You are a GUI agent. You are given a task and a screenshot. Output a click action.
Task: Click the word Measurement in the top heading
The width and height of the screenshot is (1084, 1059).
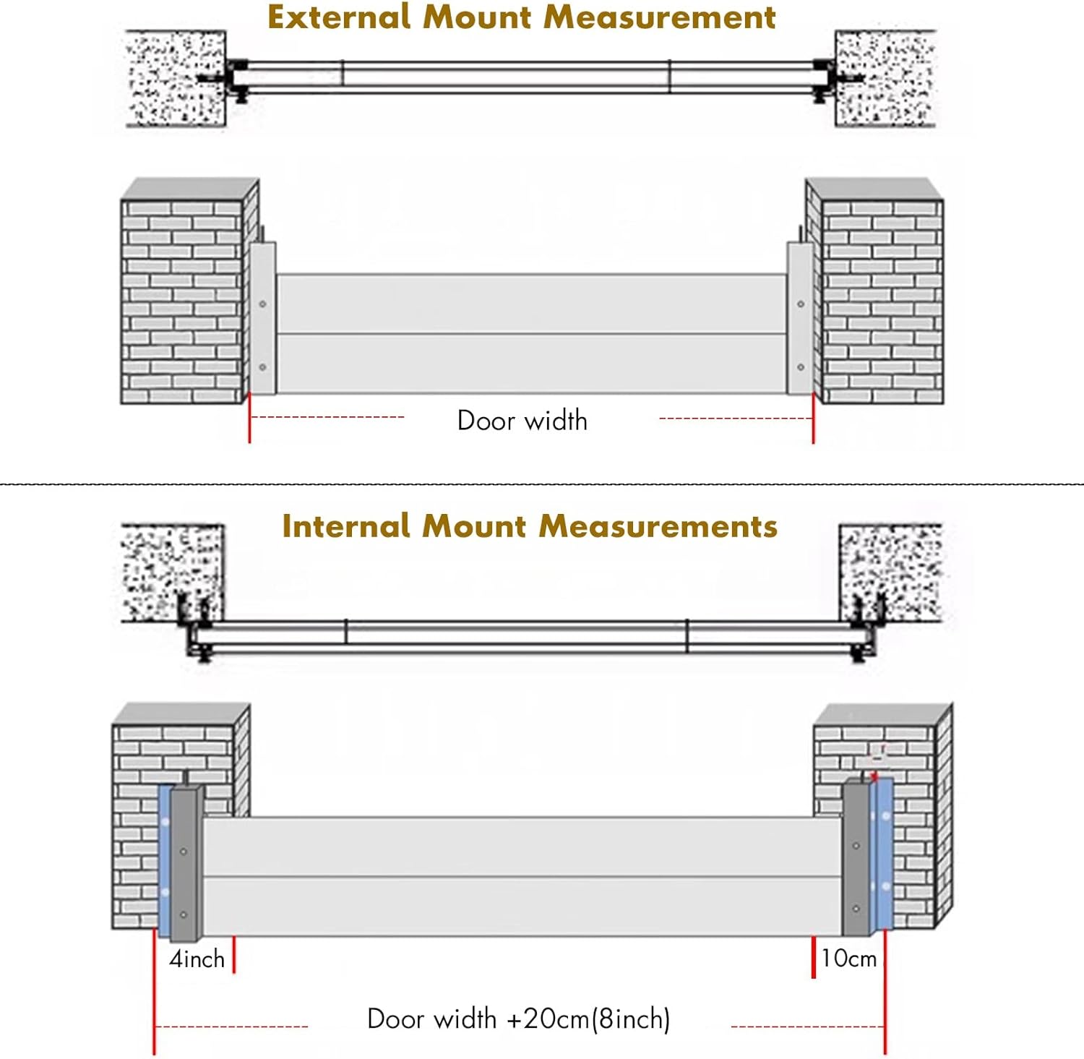(659, 17)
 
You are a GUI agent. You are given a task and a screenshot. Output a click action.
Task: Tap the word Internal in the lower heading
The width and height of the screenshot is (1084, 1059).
(345, 526)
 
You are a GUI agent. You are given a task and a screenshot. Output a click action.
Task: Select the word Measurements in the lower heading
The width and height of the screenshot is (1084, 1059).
(658, 526)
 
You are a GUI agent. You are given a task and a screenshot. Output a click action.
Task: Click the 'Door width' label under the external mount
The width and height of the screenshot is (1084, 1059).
(522, 421)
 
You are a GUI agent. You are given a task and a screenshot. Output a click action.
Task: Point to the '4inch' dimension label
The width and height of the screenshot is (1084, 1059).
(197, 959)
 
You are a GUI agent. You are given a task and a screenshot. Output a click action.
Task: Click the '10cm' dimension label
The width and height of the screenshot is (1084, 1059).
(849, 959)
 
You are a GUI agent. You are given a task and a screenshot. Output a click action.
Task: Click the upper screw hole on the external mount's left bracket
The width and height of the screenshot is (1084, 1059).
(262, 304)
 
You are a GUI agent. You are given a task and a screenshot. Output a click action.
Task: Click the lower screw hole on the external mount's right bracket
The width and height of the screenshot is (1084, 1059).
(801, 367)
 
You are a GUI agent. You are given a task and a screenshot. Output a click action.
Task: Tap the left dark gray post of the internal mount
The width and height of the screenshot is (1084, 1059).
(184, 864)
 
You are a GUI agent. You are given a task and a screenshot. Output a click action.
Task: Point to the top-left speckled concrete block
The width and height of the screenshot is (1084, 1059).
(176, 78)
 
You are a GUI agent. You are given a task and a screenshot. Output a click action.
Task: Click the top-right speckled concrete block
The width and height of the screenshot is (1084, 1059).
(885, 78)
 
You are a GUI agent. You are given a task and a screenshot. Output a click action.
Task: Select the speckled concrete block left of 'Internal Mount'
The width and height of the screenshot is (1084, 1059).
(171, 571)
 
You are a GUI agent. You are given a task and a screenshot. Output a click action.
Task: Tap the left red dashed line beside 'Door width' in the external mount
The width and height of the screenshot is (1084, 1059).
(327, 417)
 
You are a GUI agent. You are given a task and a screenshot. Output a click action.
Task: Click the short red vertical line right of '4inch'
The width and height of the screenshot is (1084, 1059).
(233, 955)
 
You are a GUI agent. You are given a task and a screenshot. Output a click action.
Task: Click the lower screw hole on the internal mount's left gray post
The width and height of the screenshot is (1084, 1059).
(184, 915)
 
